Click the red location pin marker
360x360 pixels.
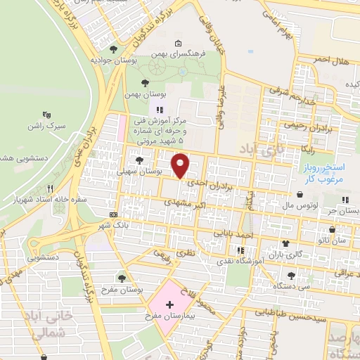[181, 166]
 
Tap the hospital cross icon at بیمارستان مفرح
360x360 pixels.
[169, 306]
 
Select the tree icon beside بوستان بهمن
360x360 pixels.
[145, 82]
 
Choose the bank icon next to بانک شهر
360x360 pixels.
[113, 214]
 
